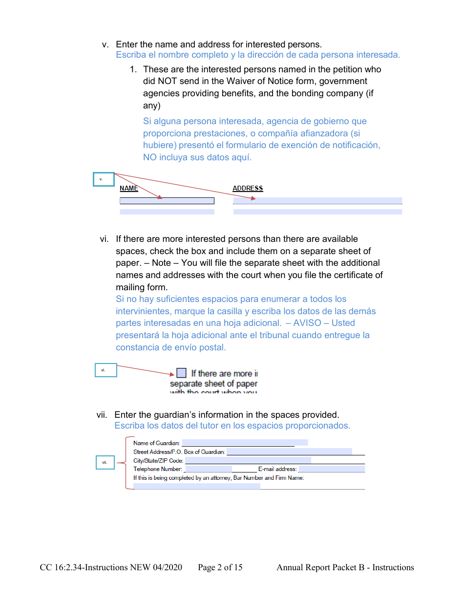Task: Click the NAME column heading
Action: click(129, 188)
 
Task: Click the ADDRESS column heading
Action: click(248, 188)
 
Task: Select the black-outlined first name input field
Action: click(167, 201)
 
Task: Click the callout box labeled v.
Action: click(104, 179)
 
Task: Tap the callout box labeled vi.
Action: click(105, 370)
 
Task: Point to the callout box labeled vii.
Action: click(105, 462)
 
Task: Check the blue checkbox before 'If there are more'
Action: click(181, 373)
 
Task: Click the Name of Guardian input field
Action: click(244, 443)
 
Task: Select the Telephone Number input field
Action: click(209, 469)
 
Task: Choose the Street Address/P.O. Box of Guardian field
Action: click(289, 451)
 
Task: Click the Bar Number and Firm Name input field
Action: click(196, 486)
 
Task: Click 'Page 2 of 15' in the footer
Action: click(220, 567)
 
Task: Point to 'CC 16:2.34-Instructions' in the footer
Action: click(111, 567)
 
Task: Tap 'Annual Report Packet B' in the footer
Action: click(322, 567)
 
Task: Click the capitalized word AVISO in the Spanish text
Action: click(308, 323)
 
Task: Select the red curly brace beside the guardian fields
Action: click(128, 462)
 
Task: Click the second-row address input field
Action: click(317, 212)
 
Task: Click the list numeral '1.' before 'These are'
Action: click(133, 69)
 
